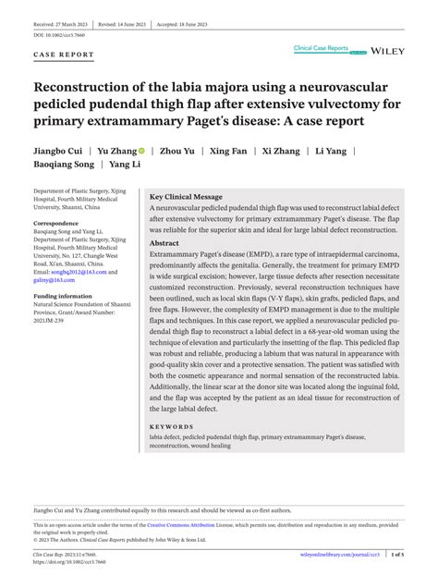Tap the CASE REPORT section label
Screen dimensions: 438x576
[64, 55]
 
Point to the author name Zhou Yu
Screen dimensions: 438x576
[178, 148]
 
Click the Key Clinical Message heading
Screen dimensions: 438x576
[186, 197]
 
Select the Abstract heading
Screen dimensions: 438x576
[164, 242]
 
